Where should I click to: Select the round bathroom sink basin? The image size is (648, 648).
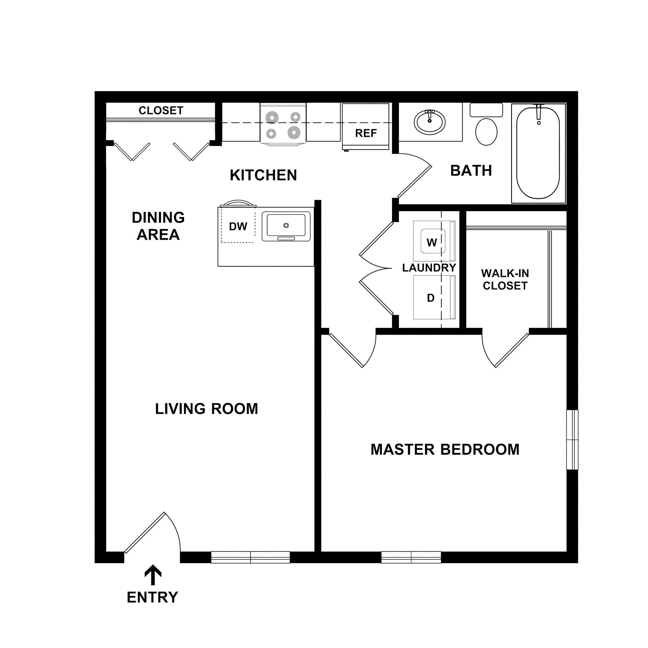click(430, 122)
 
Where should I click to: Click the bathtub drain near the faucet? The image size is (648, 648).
click(539, 123)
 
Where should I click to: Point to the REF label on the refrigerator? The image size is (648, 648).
click(366, 133)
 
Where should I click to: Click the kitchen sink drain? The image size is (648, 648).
click(286, 225)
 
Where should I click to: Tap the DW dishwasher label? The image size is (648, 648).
click(238, 227)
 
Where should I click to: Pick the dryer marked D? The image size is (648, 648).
click(431, 297)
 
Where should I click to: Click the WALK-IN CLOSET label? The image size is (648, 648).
click(505, 279)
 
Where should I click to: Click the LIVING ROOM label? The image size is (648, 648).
click(206, 409)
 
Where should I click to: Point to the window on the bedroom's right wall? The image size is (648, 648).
click(573, 439)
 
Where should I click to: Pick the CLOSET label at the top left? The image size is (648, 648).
click(161, 110)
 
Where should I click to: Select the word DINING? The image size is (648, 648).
click(158, 218)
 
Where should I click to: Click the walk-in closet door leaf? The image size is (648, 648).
click(512, 350)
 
